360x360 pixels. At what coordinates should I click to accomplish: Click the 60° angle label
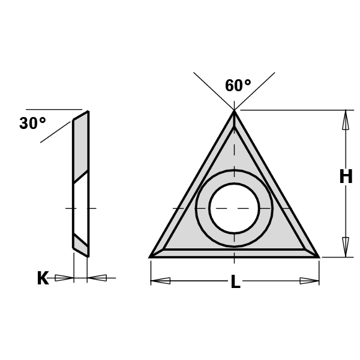click(x=238, y=86)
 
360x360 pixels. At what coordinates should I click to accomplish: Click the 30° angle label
click(x=32, y=124)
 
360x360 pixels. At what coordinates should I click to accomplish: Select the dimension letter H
click(x=346, y=176)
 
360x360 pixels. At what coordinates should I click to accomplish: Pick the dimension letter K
click(x=43, y=278)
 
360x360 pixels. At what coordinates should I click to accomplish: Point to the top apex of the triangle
click(x=234, y=111)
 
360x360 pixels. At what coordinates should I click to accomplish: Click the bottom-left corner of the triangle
click(x=151, y=257)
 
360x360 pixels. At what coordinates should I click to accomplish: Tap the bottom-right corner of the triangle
click(x=318, y=257)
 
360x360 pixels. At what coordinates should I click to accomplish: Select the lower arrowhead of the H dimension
click(x=346, y=246)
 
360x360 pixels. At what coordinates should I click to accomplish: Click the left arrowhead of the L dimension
click(x=161, y=280)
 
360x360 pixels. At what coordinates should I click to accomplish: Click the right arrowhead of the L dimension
click(x=309, y=280)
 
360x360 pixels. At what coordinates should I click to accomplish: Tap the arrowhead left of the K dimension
click(x=63, y=278)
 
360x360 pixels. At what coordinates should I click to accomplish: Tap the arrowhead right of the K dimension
click(x=97, y=278)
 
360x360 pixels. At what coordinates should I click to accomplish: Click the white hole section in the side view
click(x=81, y=207)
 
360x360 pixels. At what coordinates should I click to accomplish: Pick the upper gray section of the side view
click(x=81, y=147)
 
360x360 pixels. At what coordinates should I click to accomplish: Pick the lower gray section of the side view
click(x=81, y=242)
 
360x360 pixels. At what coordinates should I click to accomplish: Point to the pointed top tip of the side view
click(x=88, y=112)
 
